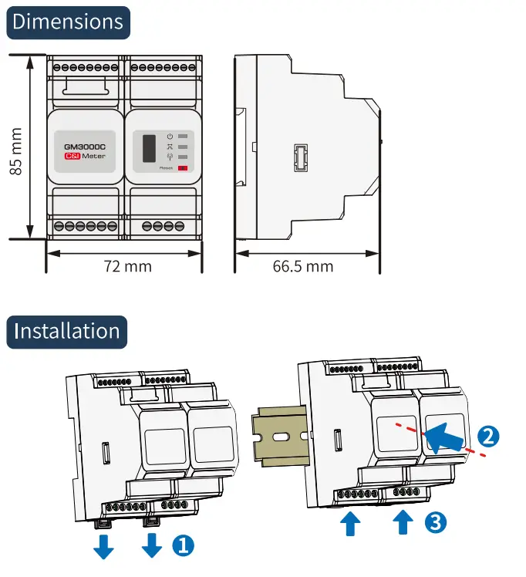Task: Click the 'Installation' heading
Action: point(68,332)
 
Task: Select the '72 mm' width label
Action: point(127,266)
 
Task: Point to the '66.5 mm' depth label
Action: point(303,266)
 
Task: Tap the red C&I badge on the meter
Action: point(72,156)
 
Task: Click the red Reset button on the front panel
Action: point(184,167)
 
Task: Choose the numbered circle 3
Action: point(435,521)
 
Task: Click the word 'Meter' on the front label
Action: point(94,156)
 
